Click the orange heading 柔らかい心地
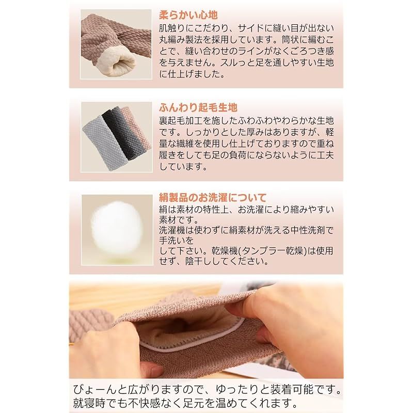coord(188,15)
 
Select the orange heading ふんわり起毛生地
coord(198,107)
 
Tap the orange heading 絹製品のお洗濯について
coord(213,198)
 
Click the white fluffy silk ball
coord(117,228)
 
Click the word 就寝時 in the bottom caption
coord(89,403)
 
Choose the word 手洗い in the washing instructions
coord(172,241)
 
